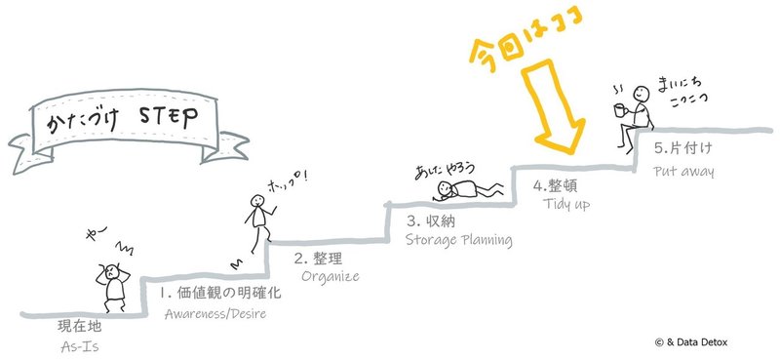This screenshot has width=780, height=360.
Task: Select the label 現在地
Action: pos(78,325)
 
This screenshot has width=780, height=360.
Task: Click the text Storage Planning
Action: pos(457,239)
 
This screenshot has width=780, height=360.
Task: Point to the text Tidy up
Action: pos(566,205)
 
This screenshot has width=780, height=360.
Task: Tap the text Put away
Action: pos(683,172)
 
